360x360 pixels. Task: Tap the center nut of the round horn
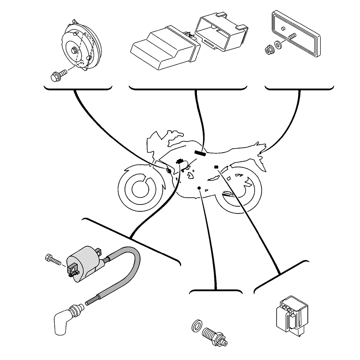74,50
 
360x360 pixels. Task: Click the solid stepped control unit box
164,49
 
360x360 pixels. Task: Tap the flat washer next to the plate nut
278,45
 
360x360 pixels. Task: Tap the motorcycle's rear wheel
239,189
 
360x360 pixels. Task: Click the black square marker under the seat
216,167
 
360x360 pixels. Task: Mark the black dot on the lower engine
199,188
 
